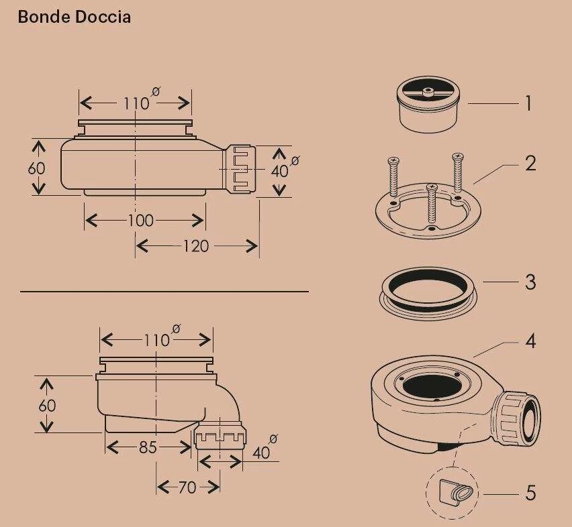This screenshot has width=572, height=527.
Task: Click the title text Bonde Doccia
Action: coord(74,17)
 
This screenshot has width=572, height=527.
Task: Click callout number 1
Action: coord(528,103)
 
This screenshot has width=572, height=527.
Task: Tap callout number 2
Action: coord(530,163)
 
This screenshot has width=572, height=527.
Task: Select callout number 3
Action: coord(530,282)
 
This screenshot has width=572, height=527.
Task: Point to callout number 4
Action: coord(530,341)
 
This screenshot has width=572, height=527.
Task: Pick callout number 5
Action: coord(530,493)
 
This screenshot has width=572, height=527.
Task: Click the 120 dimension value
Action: coord(195,246)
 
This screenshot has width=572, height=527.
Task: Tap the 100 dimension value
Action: coord(140,220)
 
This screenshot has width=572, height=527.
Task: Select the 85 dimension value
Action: coord(148,447)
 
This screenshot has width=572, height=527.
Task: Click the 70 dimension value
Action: coord(187,487)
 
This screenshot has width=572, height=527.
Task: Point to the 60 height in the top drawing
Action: coord(37,168)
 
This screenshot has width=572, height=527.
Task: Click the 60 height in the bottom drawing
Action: coord(47,406)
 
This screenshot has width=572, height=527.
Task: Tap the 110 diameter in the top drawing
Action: coord(136,103)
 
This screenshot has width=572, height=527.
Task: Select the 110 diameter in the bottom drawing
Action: coord(156,340)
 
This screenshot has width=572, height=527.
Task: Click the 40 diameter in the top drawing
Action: coord(279,171)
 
